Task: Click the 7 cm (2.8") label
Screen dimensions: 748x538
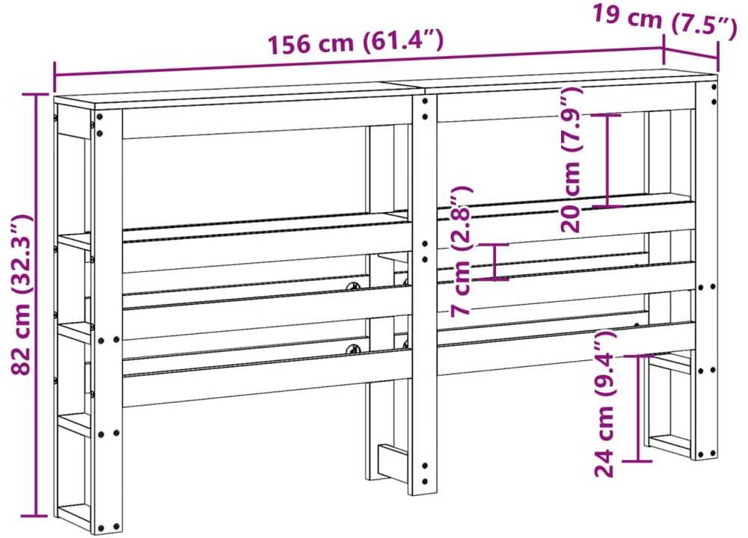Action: [x=462, y=250]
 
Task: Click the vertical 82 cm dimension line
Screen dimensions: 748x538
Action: [x=35, y=305]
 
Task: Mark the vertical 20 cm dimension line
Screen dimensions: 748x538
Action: [x=607, y=161]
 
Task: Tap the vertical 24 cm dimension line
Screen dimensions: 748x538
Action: [x=638, y=409]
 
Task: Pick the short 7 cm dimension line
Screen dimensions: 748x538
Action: [x=494, y=262]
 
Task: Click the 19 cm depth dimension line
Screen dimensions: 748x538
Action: [x=690, y=53]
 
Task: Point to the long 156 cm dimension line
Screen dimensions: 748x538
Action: [x=359, y=61]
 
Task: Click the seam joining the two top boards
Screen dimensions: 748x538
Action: [x=406, y=87]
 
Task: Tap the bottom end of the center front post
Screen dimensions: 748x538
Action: [x=423, y=494]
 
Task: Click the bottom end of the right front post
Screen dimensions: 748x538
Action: [x=705, y=457]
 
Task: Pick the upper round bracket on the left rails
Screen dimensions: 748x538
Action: [x=355, y=287]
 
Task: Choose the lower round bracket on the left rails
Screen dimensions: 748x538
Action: [x=354, y=349]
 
